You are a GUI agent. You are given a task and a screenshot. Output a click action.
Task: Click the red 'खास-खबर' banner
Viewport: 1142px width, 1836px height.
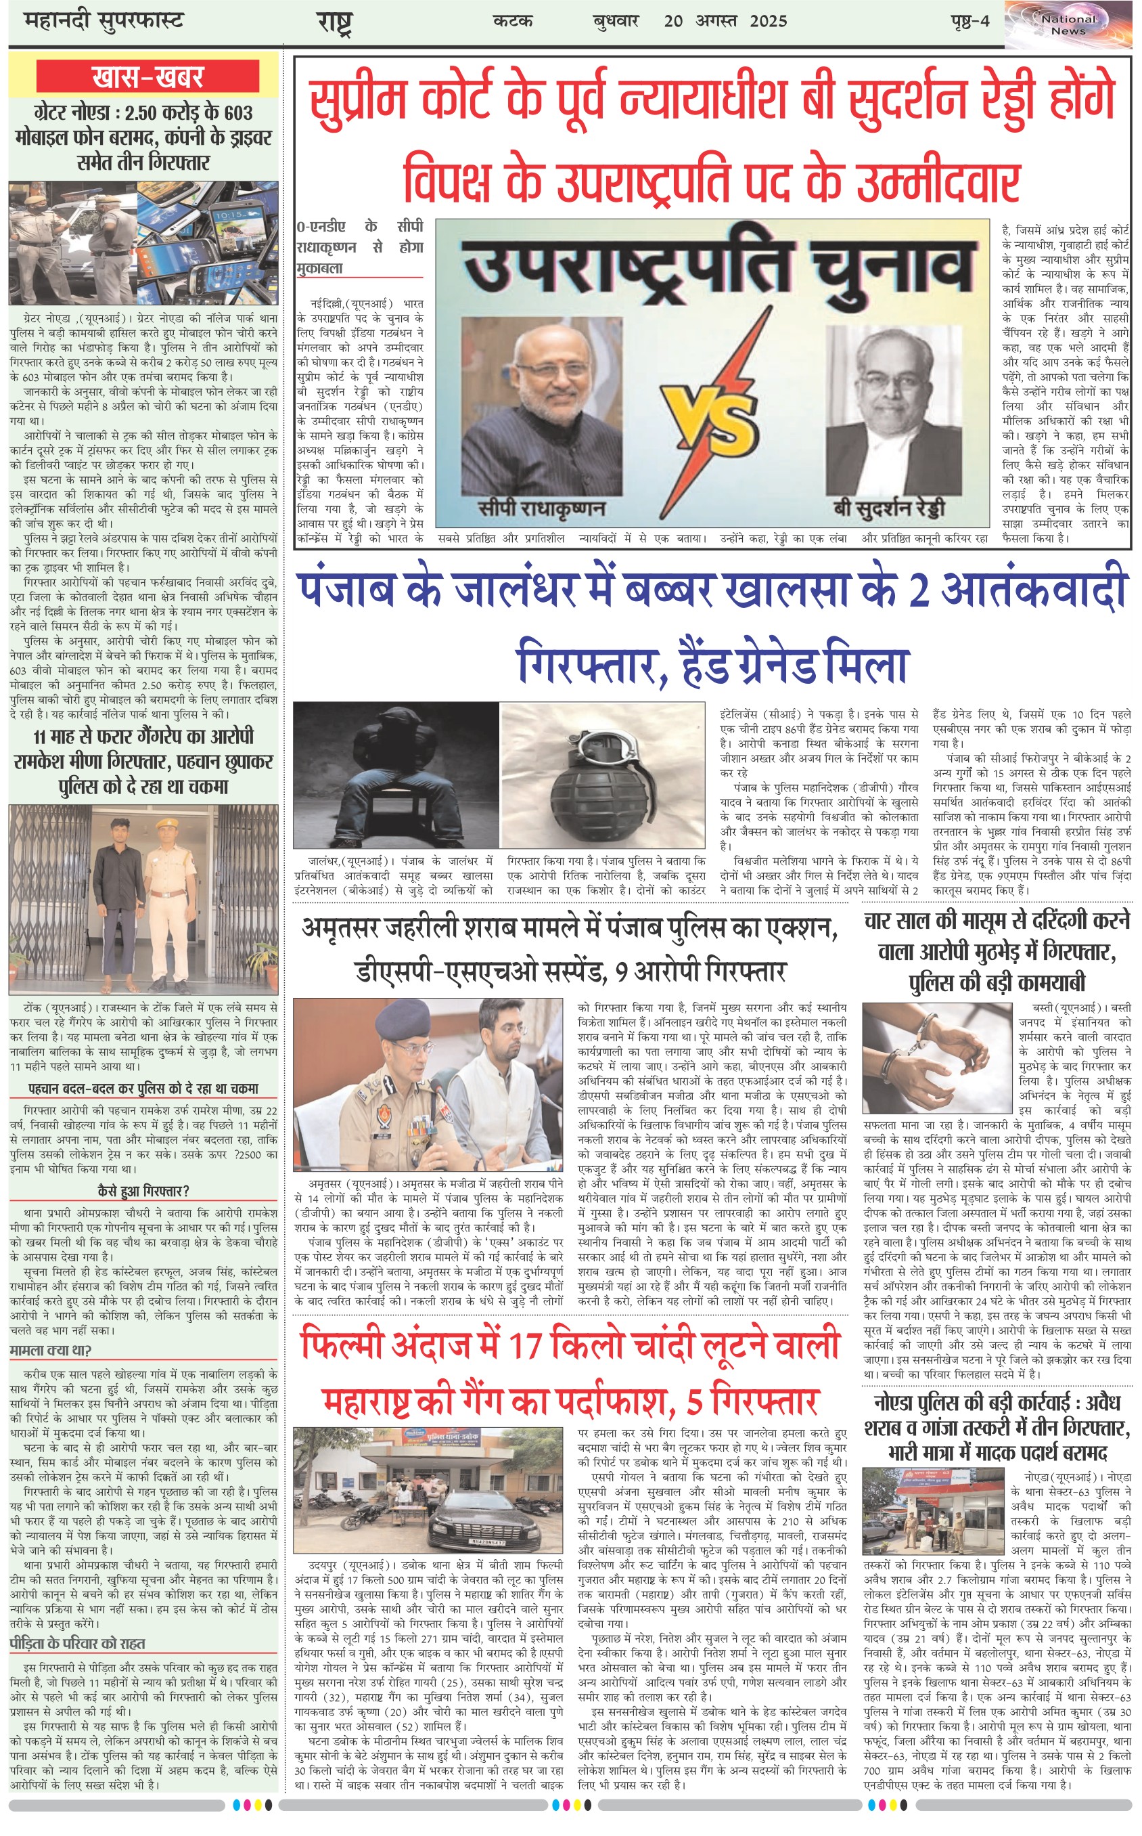[x=147, y=77]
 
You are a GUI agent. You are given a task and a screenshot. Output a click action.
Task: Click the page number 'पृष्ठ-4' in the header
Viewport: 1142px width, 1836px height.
[x=969, y=21]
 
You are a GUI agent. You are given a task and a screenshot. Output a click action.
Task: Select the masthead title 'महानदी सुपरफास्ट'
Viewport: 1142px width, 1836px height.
[x=104, y=21]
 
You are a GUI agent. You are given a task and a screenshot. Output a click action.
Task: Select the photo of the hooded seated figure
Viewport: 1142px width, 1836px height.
[x=396, y=774]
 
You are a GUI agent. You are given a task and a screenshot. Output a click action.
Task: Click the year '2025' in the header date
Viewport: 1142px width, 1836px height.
[x=768, y=21]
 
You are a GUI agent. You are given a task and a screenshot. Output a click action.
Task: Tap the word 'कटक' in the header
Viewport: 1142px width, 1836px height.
[x=513, y=21]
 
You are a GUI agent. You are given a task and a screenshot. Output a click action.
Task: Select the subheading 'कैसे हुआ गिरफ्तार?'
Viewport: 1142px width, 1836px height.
[x=143, y=1192]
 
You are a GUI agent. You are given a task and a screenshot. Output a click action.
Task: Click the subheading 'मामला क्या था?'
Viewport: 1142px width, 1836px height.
[x=51, y=1350]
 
